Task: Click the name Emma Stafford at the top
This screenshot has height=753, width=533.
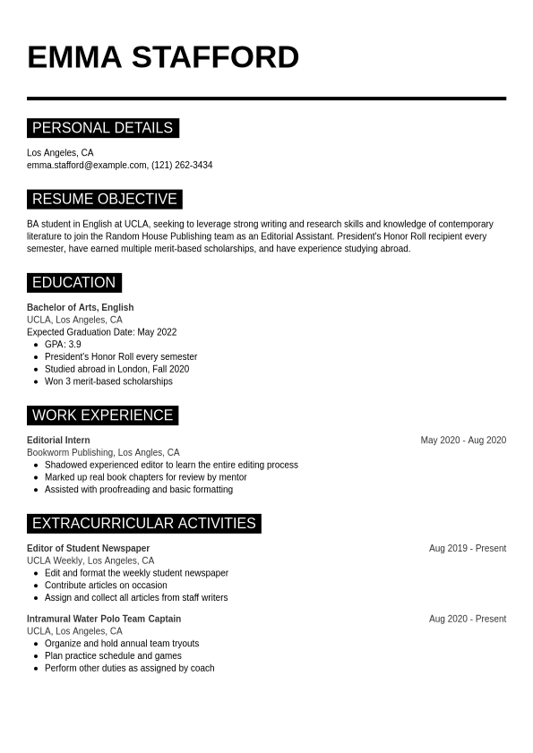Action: (x=163, y=57)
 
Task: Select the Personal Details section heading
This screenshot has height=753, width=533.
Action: (x=102, y=128)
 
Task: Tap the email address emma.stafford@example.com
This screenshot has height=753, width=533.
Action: (x=87, y=166)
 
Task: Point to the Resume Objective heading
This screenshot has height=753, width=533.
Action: (x=104, y=199)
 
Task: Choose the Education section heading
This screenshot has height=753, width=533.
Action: (x=73, y=283)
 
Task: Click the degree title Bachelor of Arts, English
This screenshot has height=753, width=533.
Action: (x=80, y=307)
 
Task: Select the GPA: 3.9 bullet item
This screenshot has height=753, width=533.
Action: (x=63, y=345)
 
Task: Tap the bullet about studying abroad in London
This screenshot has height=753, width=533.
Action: (x=116, y=369)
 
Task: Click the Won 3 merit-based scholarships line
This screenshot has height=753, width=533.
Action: (x=108, y=381)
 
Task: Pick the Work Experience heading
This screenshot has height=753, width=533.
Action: (x=102, y=415)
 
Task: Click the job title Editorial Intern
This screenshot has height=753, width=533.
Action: (x=58, y=441)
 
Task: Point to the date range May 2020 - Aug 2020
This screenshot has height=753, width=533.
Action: (x=463, y=441)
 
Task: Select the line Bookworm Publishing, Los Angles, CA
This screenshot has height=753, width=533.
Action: (x=103, y=453)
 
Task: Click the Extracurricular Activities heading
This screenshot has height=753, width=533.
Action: (x=143, y=523)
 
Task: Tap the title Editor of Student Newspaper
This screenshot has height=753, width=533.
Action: (x=88, y=548)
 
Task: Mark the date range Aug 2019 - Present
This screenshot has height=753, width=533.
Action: (x=467, y=548)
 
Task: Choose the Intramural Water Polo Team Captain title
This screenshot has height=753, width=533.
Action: (x=104, y=619)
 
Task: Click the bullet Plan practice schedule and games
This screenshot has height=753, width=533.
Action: (x=113, y=655)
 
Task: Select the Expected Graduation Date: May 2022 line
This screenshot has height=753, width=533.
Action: (x=101, y=332)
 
